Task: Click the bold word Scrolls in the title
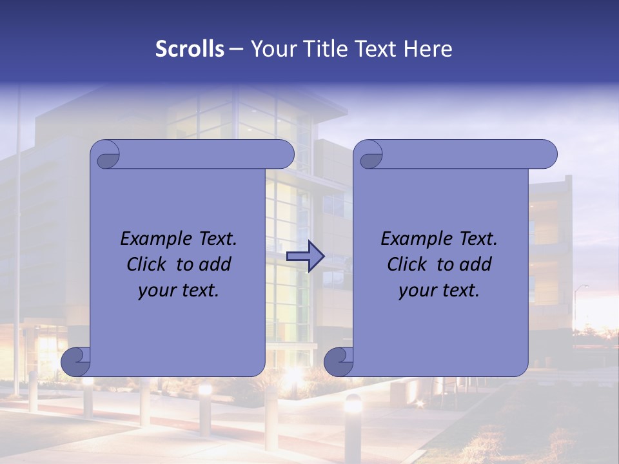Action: [190, 49]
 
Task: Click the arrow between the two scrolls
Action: [306, 256]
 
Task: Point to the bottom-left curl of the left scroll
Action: [76, 362]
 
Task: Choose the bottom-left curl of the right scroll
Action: [339, 362]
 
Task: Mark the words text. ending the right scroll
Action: [460, 290]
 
